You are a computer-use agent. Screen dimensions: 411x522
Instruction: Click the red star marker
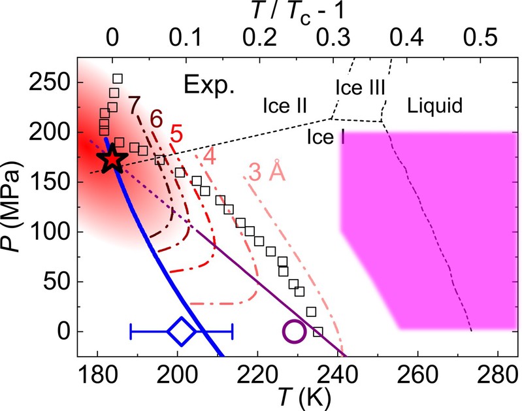click(x=112, y=159)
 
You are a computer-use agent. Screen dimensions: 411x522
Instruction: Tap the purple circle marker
click(x=294, y=332)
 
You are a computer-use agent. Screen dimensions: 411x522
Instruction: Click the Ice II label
click(x=286, y=104)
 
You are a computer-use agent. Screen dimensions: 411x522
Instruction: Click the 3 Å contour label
click(x=265, y=172)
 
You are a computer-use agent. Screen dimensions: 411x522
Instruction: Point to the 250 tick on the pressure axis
click(x=53, y=83)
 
